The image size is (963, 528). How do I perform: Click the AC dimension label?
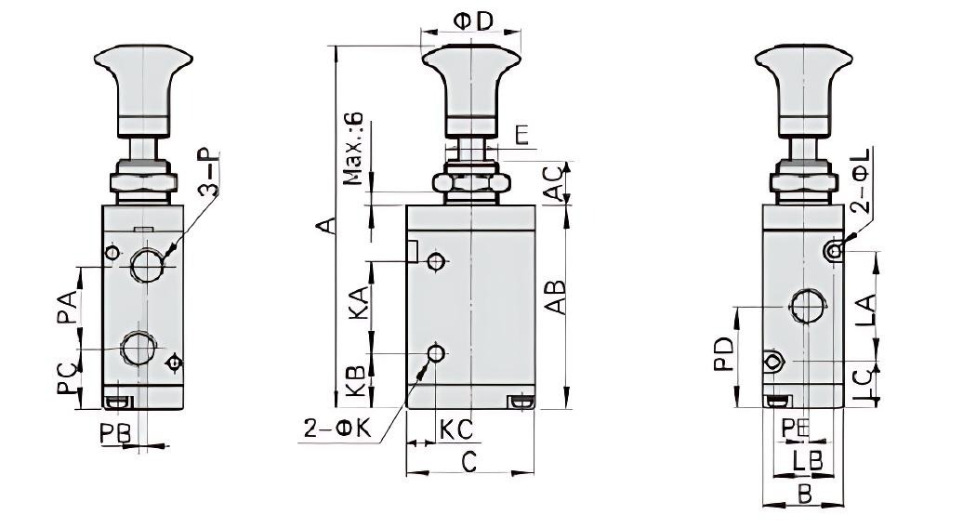552,182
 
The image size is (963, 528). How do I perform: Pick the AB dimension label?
554,297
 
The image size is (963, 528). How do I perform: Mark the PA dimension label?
66,306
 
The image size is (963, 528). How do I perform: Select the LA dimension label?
864,310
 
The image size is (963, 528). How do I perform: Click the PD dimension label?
725,354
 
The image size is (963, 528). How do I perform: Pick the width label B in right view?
804,495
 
